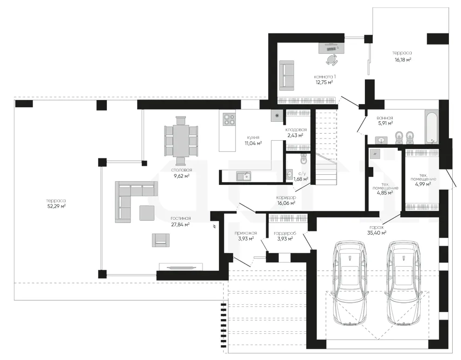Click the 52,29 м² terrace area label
[56, 206]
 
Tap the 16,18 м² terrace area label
[402, 59]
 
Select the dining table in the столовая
[181, 137]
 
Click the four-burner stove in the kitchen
[229, 119]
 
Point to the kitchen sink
[244, 176]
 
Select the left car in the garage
[350, 283]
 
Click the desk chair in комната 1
[332, 59]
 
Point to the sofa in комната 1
[286, 76]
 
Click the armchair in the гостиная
[160, 240]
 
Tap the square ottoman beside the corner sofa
[147, 213]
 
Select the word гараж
[376, 227]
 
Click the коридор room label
[286, 197]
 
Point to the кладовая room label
[296, 130]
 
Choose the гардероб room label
[284, 233]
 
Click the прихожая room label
[245, 233]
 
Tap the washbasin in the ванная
[382, 140]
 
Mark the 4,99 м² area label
[423, 184]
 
